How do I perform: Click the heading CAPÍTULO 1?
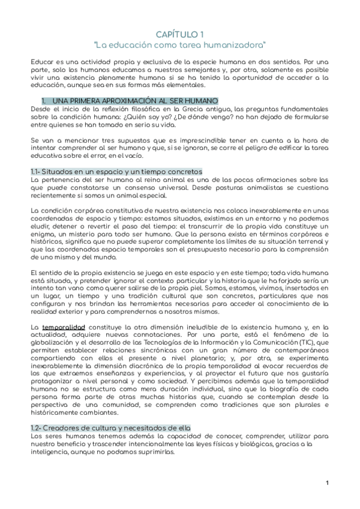tap(180, 35)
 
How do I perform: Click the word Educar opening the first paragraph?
tap(42, 62)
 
